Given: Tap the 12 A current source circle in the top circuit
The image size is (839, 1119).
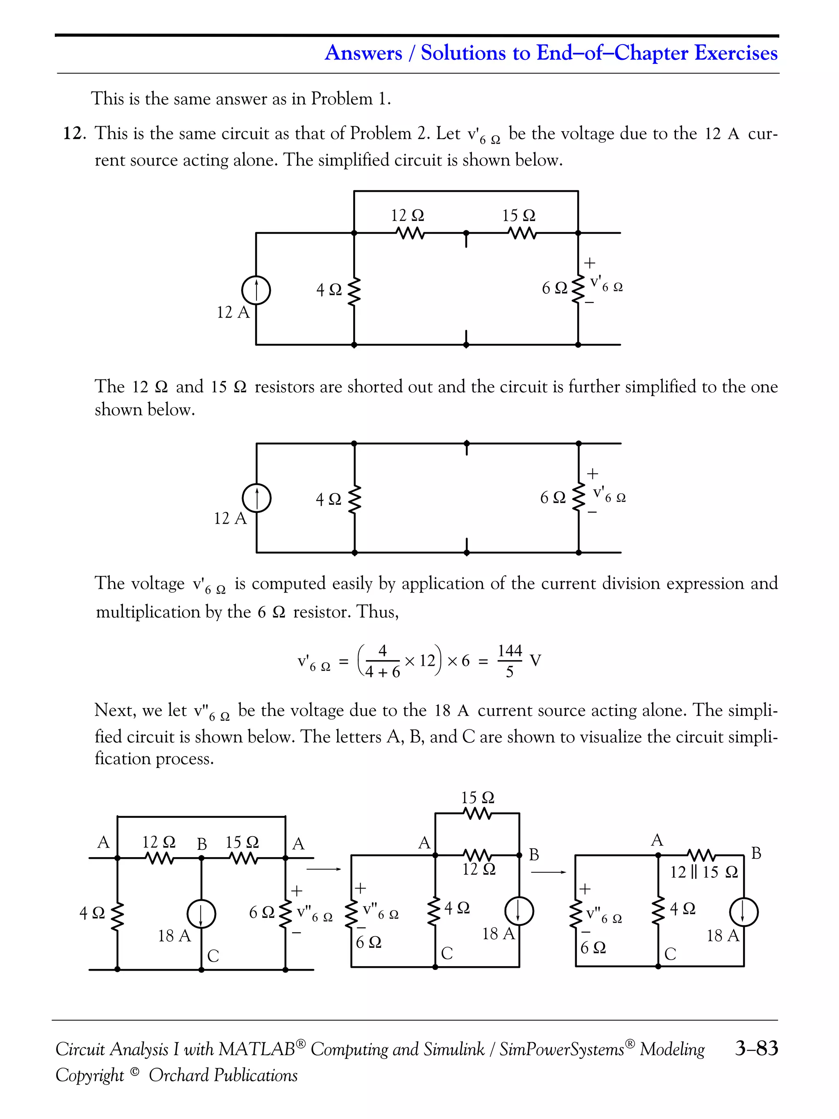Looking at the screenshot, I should [x=256, y=291].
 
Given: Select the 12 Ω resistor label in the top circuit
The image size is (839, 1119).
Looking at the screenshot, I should [x=407, y=216].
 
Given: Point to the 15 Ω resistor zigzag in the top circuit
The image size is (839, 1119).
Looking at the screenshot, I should [x=522, y=233].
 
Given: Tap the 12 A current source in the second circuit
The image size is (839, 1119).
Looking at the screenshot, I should [x=256, y=499].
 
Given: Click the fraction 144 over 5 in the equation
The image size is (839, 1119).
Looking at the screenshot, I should [x=509, y=661].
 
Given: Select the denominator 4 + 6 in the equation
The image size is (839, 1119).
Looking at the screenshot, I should [x=382, y=672].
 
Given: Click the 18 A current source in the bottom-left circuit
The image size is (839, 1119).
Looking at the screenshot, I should [x=201, y=915].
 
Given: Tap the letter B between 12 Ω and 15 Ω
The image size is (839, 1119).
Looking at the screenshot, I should [x=202, y=844].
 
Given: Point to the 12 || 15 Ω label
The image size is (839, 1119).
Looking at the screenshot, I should [x=703, y=872].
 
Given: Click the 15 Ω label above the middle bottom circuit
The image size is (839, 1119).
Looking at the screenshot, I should [x=477, y=798].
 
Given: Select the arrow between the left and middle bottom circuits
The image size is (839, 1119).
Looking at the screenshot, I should [x=324, y=869].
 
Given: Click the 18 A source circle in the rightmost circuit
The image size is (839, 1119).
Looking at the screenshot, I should [x=744, y=912].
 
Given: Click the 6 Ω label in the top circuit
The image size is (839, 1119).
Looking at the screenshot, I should [x=554, y=288].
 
